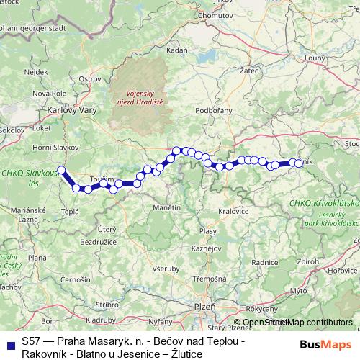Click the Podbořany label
click(212, 110)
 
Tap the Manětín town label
click(166, 207)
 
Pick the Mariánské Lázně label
click(22, 212)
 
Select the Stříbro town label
click(107, 305)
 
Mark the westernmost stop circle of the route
click(61, 171)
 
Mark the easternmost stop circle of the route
click(299, 163)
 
